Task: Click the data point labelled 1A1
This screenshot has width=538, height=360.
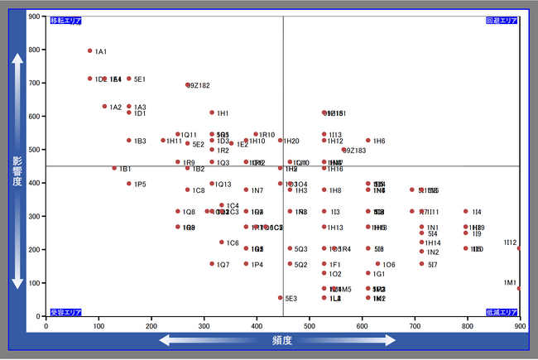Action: click(90, 50)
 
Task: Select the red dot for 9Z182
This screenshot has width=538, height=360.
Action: click(188, 84)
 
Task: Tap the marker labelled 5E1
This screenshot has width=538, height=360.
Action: click(129, 79)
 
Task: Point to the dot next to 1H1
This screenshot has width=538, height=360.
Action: click(212, 113)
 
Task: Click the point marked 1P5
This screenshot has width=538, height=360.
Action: click(129, 184)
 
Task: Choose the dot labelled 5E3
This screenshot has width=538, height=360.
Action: click(281, 298)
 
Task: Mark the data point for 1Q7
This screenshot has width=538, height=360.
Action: click(212, 264)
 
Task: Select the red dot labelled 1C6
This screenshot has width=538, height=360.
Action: click(222, 242)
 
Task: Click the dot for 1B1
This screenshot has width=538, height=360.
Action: click(114, 168)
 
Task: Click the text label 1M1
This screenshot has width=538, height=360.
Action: click(510, 282)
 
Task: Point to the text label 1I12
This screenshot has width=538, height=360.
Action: click(510, 242)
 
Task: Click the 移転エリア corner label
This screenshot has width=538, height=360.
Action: click(65, 20)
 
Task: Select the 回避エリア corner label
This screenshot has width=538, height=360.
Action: click(502, 20)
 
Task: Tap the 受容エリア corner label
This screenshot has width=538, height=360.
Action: click(65, 312)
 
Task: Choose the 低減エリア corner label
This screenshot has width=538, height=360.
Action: click(502, 312)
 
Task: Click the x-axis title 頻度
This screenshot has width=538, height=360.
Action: click(281, 340)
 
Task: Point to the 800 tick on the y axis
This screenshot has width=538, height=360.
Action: click(35, 50)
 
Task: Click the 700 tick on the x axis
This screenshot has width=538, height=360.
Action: click(415, 326)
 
